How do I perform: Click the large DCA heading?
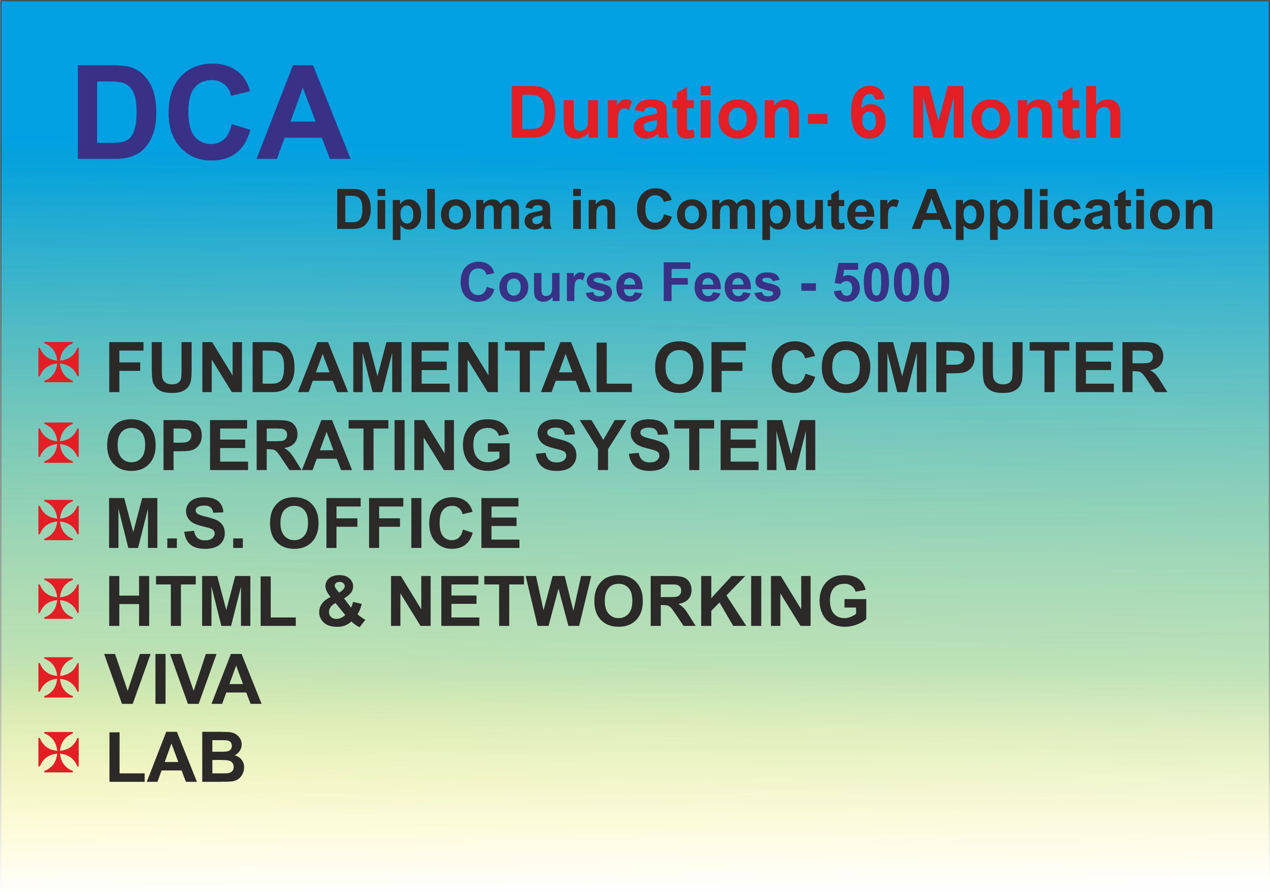213,113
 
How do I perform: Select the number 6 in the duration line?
868,113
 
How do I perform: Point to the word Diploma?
443,211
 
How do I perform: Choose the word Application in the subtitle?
1062,211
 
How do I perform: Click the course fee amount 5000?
891,283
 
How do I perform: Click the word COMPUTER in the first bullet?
968,367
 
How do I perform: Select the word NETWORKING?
628,601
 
